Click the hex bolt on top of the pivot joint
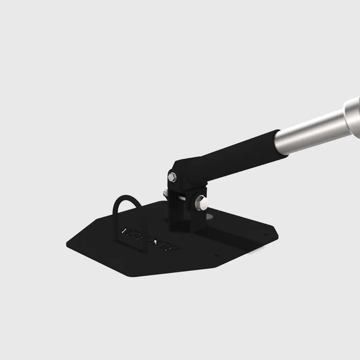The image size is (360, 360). pyautogui.click(x=172, y=177)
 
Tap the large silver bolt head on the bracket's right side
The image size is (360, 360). pyautogui.click(x=202, y=203)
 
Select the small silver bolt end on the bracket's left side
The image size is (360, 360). pyautogui.click(x=165, y=193)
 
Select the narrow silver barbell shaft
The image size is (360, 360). pyautogui.click(x=310, y=131)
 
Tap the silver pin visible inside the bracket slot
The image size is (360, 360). pyautogui.click(x=181, y=195)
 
